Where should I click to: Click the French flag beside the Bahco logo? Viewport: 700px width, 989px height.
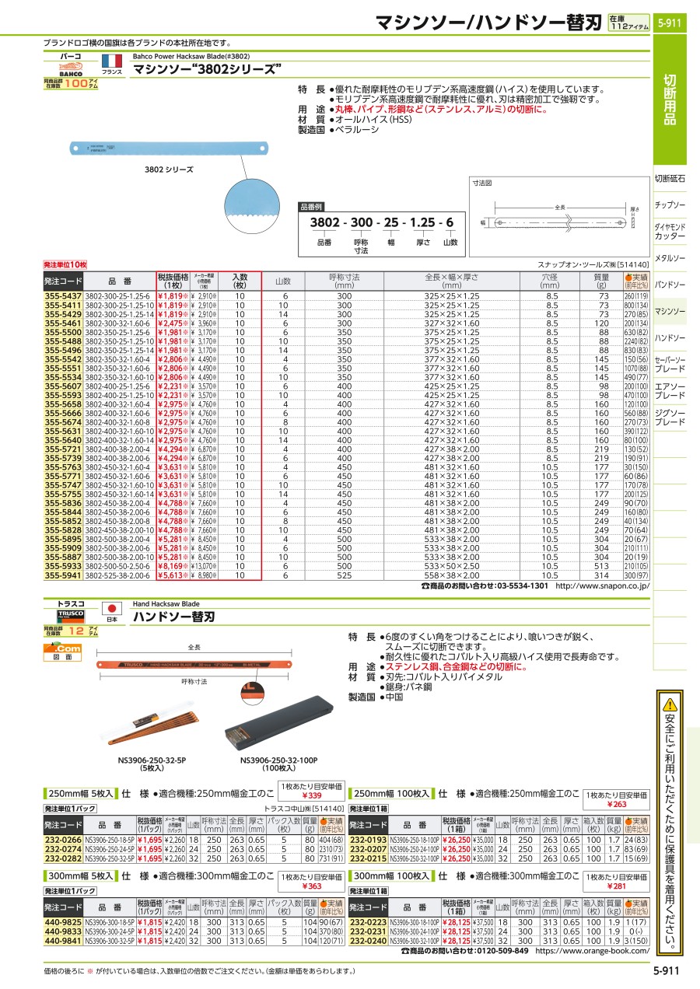click(112, 61)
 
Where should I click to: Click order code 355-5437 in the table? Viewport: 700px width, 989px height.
click(62, 298)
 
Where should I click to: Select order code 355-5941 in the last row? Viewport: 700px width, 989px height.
click(62, 576)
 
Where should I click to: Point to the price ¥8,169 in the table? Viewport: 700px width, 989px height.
click(172, 568)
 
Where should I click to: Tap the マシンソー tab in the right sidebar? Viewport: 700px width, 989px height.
click(670, 311)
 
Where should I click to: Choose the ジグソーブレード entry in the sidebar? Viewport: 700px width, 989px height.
click(670, 417)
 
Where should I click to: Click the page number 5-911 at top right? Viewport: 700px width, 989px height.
click(669, 23)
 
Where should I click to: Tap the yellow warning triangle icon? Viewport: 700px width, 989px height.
click(670, 705)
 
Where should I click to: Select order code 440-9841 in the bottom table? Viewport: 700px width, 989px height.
click(62, 939)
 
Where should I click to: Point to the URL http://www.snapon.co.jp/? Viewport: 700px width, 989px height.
click(603, 585)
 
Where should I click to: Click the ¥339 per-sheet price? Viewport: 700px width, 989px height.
click(312, 795)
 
